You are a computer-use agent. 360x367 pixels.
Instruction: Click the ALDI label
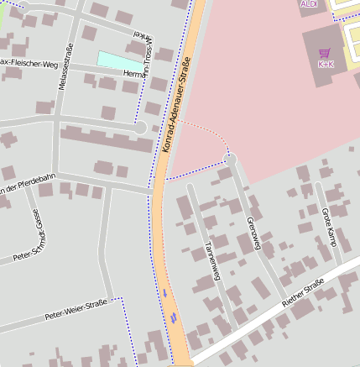coord(309,3)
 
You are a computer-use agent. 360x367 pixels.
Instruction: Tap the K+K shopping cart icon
coord(324,52)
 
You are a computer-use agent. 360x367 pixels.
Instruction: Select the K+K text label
coord(325,64)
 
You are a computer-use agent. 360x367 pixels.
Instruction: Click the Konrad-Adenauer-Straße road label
coord(175,103)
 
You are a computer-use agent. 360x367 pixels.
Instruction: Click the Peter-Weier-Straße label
coord(76,309)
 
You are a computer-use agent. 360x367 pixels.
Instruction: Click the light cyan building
coord(120,60)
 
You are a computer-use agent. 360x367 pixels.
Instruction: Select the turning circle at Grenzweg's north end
coord(231,159)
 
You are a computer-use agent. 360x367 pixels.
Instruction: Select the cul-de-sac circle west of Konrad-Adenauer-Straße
coord(141,127)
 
